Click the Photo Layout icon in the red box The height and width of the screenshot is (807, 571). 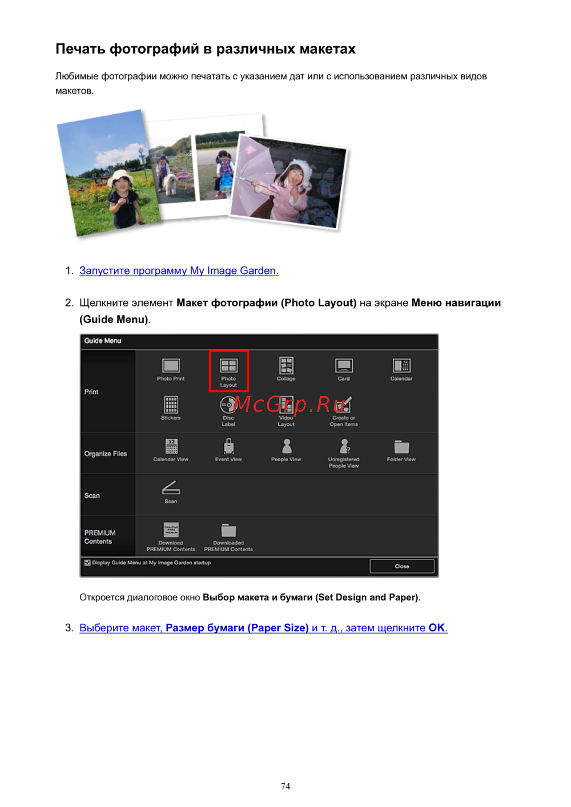coord(228,365)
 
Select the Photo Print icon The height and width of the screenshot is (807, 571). coord(171,365)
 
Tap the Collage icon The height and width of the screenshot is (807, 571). coord(286,365)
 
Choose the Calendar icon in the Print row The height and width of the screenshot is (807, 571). coord(401,365)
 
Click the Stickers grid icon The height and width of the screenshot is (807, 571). coord(171,404)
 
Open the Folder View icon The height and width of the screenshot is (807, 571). coord(401,447)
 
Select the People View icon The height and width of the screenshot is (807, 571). coord(287,446)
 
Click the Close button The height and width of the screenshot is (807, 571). coord(401,566)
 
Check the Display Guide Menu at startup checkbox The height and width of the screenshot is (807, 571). coord(87,563)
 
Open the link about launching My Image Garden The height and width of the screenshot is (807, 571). coord(179,271)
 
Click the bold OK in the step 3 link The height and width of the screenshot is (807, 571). coord(436,628)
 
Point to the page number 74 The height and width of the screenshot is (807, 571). coord(285,786)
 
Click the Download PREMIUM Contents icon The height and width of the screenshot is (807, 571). coord(171,530)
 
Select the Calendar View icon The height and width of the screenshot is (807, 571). coord(171,446)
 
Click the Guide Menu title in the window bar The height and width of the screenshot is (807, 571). coord(103,341)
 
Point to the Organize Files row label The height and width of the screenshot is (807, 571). coord(106,454)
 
